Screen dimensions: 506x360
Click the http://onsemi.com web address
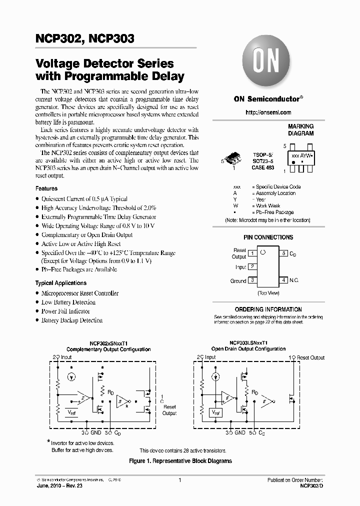coord(268,112)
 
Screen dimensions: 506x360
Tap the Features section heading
coord(46,188)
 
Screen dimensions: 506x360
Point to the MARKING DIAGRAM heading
coord(300,130)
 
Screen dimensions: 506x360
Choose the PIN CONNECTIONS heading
coord(268,237)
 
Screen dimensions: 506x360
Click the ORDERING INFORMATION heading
coord(268,309)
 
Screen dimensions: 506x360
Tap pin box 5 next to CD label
coord(283,253)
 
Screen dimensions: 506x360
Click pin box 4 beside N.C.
coord(283,280)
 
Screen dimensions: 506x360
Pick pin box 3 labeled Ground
coord(252,280)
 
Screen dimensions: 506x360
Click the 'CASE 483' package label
coord(262,167)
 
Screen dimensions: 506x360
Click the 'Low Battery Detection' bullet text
coord(68,302)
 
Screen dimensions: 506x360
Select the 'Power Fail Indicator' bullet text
coord(65,311)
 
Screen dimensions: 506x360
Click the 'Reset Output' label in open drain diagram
coord(310,357)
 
